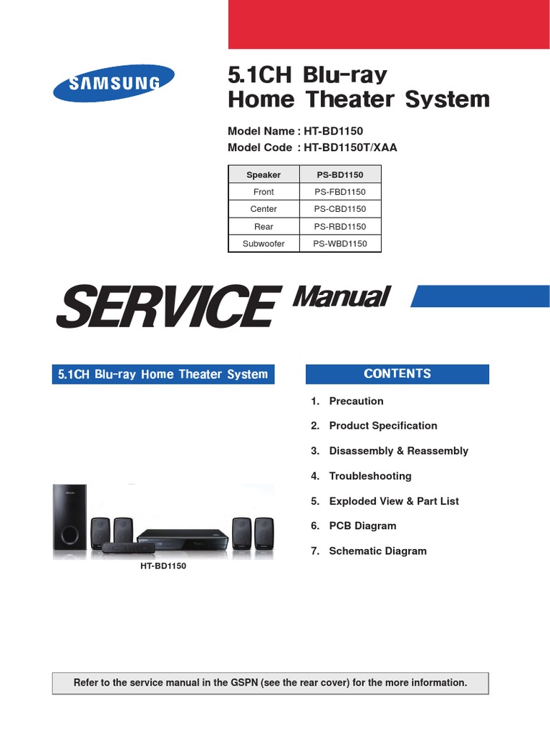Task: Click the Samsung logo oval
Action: [113, 83]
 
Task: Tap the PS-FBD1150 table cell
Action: [339, 192]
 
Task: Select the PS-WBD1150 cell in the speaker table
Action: [339, 244]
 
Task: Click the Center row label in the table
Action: [264, 209]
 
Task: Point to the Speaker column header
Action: [264, 175]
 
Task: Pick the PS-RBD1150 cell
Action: [339, 226]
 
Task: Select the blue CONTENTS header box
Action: [397, 374]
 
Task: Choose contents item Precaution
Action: [356, 402]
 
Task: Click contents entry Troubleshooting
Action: [370, 476]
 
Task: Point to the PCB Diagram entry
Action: [362, 526]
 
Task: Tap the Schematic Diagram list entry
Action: [377, 551]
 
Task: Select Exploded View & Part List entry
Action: [393, 501]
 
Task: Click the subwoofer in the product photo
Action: [69, 519]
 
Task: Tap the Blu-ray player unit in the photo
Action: [182, 538]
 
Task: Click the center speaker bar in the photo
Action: [129, 548]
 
